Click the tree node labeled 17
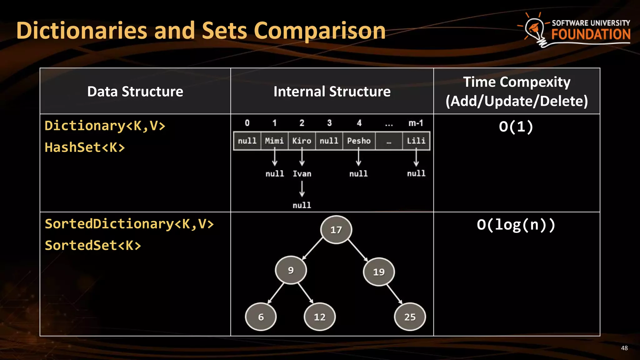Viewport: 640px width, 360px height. pyautogui.click(x=336, y=230)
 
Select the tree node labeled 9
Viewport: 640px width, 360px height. pyautogui.click(x=291, y=270)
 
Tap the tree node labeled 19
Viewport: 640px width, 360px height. pyautogui.click(x=379, y=272)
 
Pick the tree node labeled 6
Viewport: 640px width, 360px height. pyautogui.click(x=261, y=317)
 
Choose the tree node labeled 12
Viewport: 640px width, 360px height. pyautogui.click(x=320, y=317)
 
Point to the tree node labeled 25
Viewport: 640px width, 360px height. pyautogui.click(x=410, y=317)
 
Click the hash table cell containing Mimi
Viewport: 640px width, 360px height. pyautogui.click(x=274, y=141)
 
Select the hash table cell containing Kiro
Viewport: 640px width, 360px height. pyautogui.click(x=302, y=141)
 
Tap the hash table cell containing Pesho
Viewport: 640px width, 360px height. pyautogui.click(x=359, y=141)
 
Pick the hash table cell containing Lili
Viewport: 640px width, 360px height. pyautogui.click(x=416, y=141)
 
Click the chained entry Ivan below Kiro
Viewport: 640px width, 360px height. pyautogui.click(x=302, y=174)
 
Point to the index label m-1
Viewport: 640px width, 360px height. pyautogui.click(x=416, y=123)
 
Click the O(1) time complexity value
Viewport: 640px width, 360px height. pyautogui.click(x=516, y=127)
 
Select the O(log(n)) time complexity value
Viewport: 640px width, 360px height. pyautogui.click(x=516, y=225)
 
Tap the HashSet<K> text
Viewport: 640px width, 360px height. pyautogui.click(x=85, y=147)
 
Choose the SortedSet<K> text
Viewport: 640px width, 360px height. pyautogui.click(x=93, y=246)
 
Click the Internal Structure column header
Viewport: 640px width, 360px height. pyautogui.click(x=332, y=92)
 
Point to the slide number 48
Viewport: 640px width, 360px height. pyautogui.click(x=624, y=348)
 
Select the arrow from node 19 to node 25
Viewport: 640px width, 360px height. pyautogui.click(x=394, y=294)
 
